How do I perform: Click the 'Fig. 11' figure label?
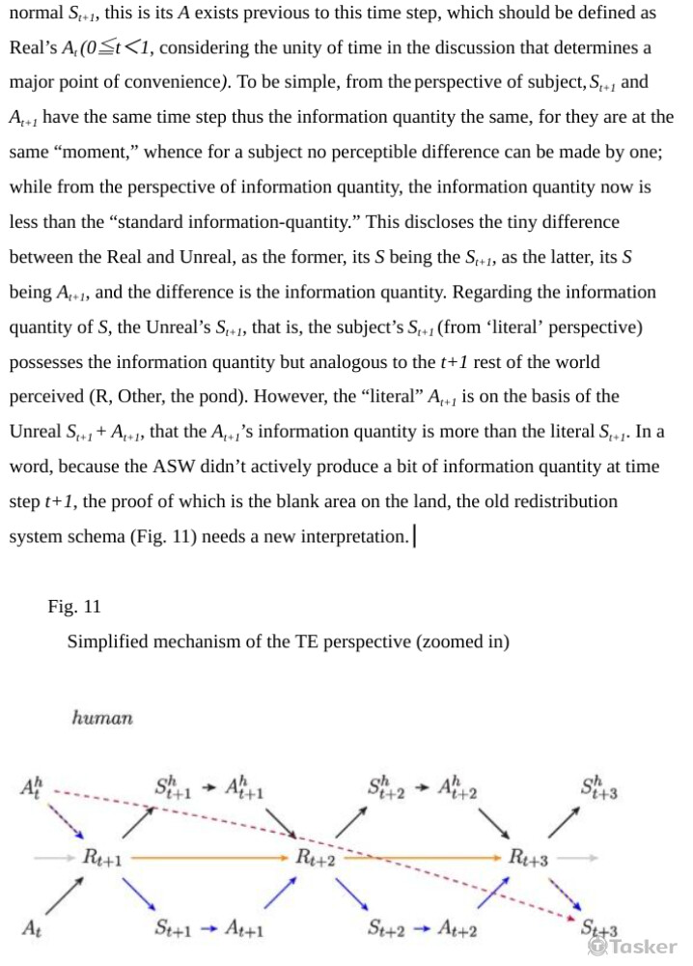(x=74, y=607)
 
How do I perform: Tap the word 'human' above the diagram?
(x=102, y=718)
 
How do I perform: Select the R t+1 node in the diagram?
(x=100, y=857)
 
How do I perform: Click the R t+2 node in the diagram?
(x=316, y=857)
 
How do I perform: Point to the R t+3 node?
(x=529, y=857)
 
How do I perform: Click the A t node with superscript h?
(x=31, y=789)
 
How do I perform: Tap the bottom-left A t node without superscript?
(x=31, y=928)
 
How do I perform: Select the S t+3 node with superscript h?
(x=599, y=789)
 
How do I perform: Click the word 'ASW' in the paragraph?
(x=178, y=467)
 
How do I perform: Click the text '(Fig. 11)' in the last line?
(x=161, y=536)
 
